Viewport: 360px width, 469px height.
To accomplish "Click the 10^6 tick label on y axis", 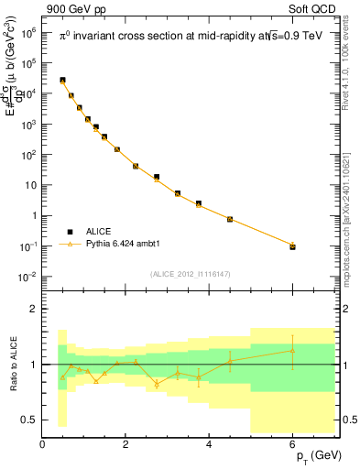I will pos(29,31).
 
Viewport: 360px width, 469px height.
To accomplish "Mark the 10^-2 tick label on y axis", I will pos(28,277).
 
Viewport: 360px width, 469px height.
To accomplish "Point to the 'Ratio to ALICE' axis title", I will pos(12,364).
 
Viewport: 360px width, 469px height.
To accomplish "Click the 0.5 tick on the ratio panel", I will pos(27,420).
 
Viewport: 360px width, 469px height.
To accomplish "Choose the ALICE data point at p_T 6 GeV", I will pos(293,246).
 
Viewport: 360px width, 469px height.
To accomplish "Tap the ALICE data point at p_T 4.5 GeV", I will pos(230,220).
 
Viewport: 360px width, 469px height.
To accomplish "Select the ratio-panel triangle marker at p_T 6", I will pos(293,351).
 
